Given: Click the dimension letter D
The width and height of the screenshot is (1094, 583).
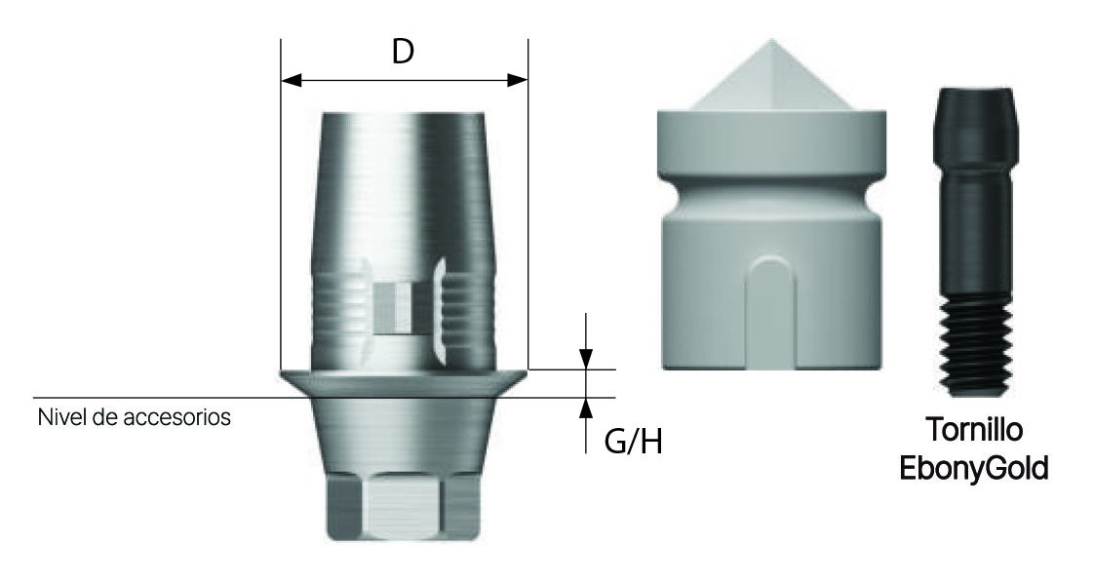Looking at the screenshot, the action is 404,53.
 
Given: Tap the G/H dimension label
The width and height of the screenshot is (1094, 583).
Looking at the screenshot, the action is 634,442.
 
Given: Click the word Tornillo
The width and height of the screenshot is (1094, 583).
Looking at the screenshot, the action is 974,430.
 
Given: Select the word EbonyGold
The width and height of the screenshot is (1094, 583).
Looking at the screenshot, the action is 974,468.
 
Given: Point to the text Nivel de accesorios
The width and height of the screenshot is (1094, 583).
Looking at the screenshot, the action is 134,417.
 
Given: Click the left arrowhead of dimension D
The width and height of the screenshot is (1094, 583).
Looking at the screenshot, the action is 291,80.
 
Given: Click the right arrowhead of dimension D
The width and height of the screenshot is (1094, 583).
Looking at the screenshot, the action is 518,80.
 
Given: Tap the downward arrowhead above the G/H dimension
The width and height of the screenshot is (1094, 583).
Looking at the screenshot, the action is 586,359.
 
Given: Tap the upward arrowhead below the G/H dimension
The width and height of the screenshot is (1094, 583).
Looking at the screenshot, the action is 586,408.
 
